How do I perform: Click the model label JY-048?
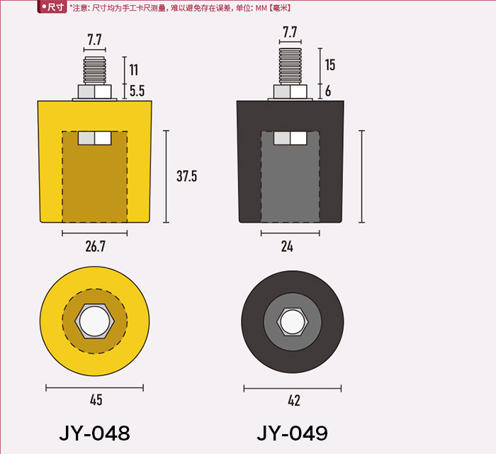pyautogui.click(x=94, y=433)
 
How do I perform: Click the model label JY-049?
pyautogui.click(x=292, y=433)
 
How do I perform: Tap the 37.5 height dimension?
pyautogui.click(x=186, y=176)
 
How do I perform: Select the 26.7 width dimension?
pyautogui.click(x=95, y=246)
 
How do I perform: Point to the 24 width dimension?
pyautogui.click(x=287, y=246)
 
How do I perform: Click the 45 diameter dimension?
pyautogui.click(x=96, y=400)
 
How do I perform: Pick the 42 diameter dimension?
pyautogui.click(x=294, y=401)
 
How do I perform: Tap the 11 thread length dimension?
pyautogui.click(x=133, y=70)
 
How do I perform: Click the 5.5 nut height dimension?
pyautogui.click(x=137, y=91)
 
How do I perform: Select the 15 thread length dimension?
pyautogui.click(x=330, y=65)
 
